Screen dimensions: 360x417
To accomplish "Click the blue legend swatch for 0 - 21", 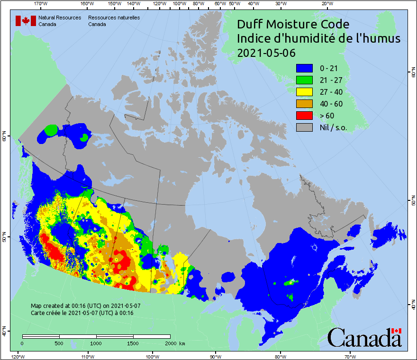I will [x=304, y=68].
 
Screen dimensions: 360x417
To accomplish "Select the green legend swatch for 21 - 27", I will [x=304, y=80].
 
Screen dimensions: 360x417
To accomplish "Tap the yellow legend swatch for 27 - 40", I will [x=304, y=92].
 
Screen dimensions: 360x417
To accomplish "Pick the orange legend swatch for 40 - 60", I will [x=304, y=104].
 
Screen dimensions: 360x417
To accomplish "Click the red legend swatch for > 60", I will [x=304, y=115].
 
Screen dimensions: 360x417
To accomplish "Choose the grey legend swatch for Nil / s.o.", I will [x=304, y=127].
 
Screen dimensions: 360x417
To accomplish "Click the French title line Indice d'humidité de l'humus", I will [x=318, y=38].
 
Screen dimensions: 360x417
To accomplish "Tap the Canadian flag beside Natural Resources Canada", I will [x=26, y=20].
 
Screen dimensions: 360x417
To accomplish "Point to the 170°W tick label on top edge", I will [x=41, y=4].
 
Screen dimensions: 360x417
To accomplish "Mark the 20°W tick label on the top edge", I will [x=326, y=4].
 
